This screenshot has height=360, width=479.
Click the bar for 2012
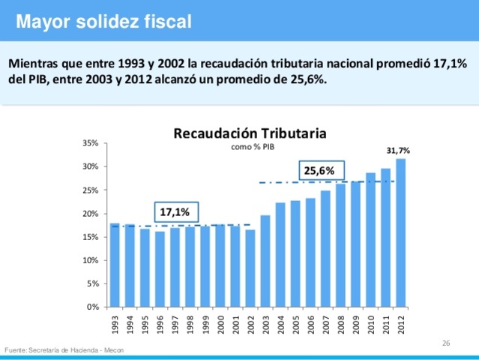401,233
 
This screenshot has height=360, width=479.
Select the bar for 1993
115,265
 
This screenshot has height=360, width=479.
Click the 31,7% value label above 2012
398,150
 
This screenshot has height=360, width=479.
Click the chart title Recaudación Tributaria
250,133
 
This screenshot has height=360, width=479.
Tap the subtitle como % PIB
250,147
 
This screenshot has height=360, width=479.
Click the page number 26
446,343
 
